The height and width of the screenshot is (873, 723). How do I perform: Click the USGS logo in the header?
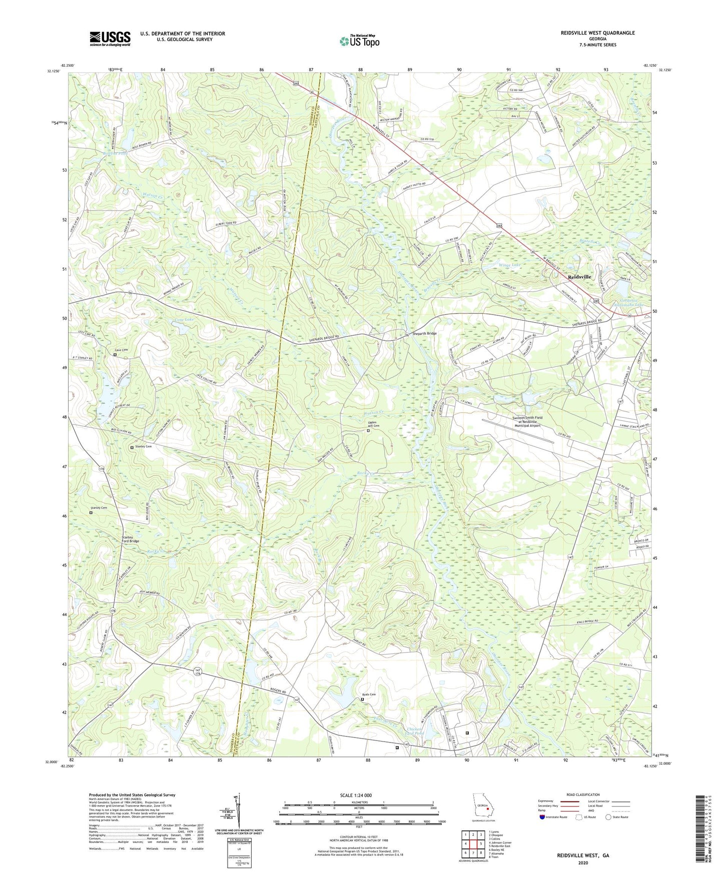click(x=110, y=38)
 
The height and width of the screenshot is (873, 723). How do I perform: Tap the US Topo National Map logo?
click(x=359, y=40)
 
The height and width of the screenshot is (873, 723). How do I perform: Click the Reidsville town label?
click(x=579, y=276)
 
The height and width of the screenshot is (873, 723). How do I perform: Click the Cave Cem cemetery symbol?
click(x=115, y=355)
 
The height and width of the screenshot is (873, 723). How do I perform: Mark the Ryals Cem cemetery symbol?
click(x=363, y=699)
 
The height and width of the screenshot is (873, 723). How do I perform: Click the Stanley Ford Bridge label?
click(x=130, y=539)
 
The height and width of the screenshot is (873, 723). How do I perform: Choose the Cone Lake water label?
click(x=183, y=318)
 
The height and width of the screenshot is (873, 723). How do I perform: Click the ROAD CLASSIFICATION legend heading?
click(x=583, y=794)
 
